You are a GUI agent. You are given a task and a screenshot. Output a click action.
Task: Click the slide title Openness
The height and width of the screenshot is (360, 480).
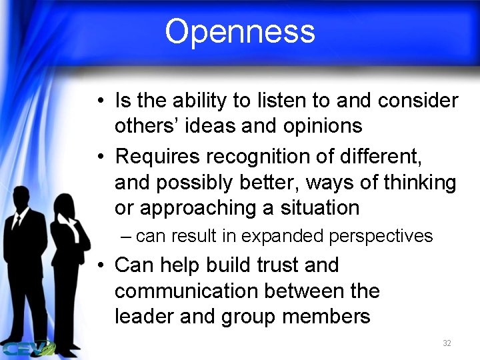coord(239,31)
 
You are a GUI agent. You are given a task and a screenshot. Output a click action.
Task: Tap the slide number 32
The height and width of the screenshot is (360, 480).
coord(447,343)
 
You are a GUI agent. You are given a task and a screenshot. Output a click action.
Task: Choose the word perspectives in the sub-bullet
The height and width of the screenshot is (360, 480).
coord(383,236)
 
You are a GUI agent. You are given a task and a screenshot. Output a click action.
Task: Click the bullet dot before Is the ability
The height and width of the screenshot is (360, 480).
coord(98,102)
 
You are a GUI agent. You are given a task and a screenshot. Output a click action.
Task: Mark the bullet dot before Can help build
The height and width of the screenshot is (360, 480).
coord(98,266)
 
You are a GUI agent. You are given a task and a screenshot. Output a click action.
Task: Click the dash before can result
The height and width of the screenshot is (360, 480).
coord(126,237)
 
